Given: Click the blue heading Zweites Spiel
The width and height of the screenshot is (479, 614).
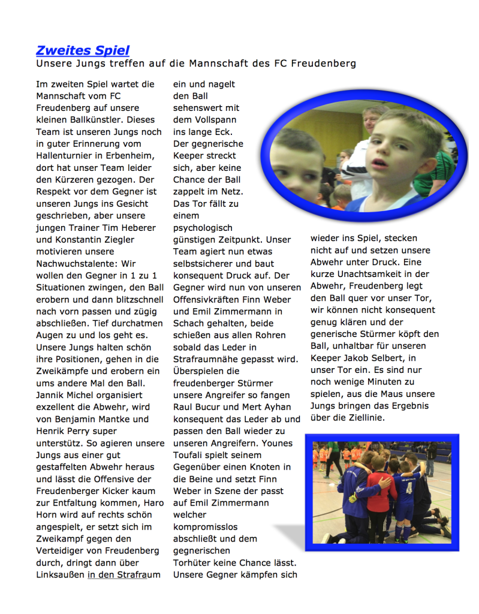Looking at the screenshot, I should coord(83,51).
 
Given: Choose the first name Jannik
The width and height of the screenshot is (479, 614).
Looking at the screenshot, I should coord(52,395).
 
